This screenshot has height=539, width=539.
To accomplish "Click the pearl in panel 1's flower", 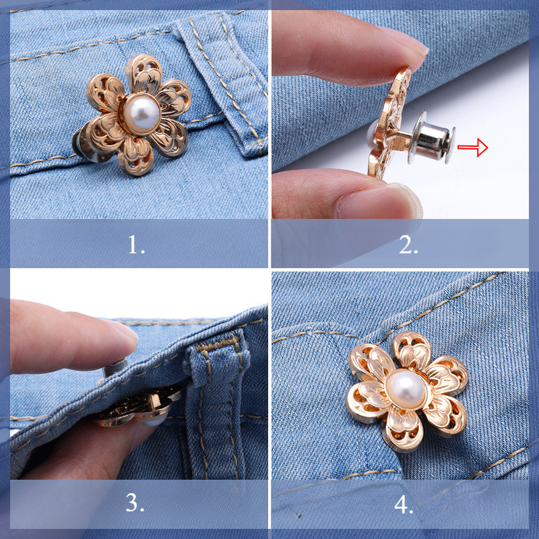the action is (141, 113).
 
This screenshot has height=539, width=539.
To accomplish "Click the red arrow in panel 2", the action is (473, 148).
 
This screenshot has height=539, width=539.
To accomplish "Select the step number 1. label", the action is (137, 245).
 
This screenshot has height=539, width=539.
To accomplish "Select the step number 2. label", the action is (408, 245).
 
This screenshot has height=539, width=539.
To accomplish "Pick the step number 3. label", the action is (135, 503).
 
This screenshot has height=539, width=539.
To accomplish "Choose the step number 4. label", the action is (404, 505).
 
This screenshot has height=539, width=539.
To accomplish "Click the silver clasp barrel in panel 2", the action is (431, 137).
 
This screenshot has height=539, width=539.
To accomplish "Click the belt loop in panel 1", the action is (224, 82).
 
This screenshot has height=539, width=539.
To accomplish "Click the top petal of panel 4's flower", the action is (411, 350).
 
